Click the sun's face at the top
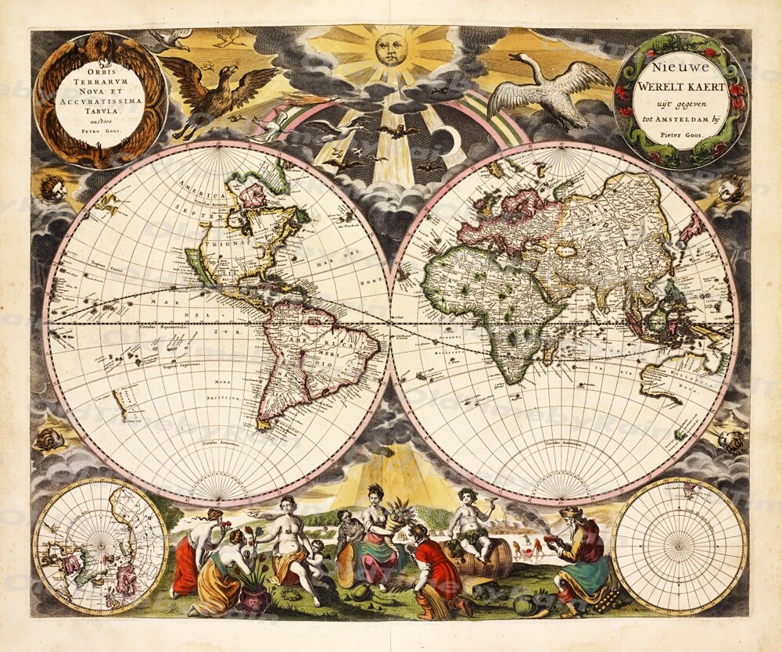tap(391, 49)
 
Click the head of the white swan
tap(515, 57)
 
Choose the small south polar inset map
tap(679, 545)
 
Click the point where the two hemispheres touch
tap(390, 323)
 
